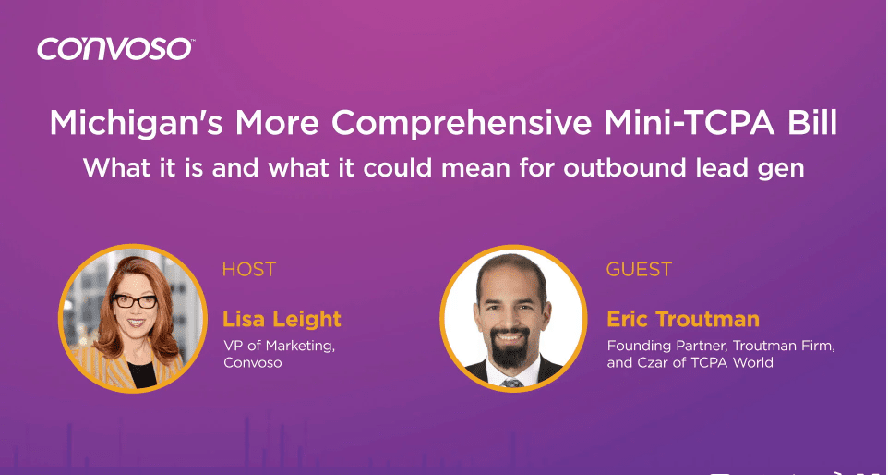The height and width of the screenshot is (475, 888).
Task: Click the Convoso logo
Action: pyautogui.click(x=115, y=49)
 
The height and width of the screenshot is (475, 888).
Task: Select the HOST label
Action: pyautogui.click(x=248, y=270)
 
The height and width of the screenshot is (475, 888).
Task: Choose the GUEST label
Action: pyautogui.click(x=639, y=270)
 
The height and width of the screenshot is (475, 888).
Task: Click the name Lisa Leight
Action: pyautogui.click(x=282, y=320)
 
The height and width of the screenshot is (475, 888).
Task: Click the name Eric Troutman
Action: pyautogui.click(x=683, y=320)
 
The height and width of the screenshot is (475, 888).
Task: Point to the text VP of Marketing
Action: pyautogui.click(x=272, y=346)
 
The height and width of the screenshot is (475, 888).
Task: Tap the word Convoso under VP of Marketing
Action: pyautogui.click(x=252, y=362)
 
